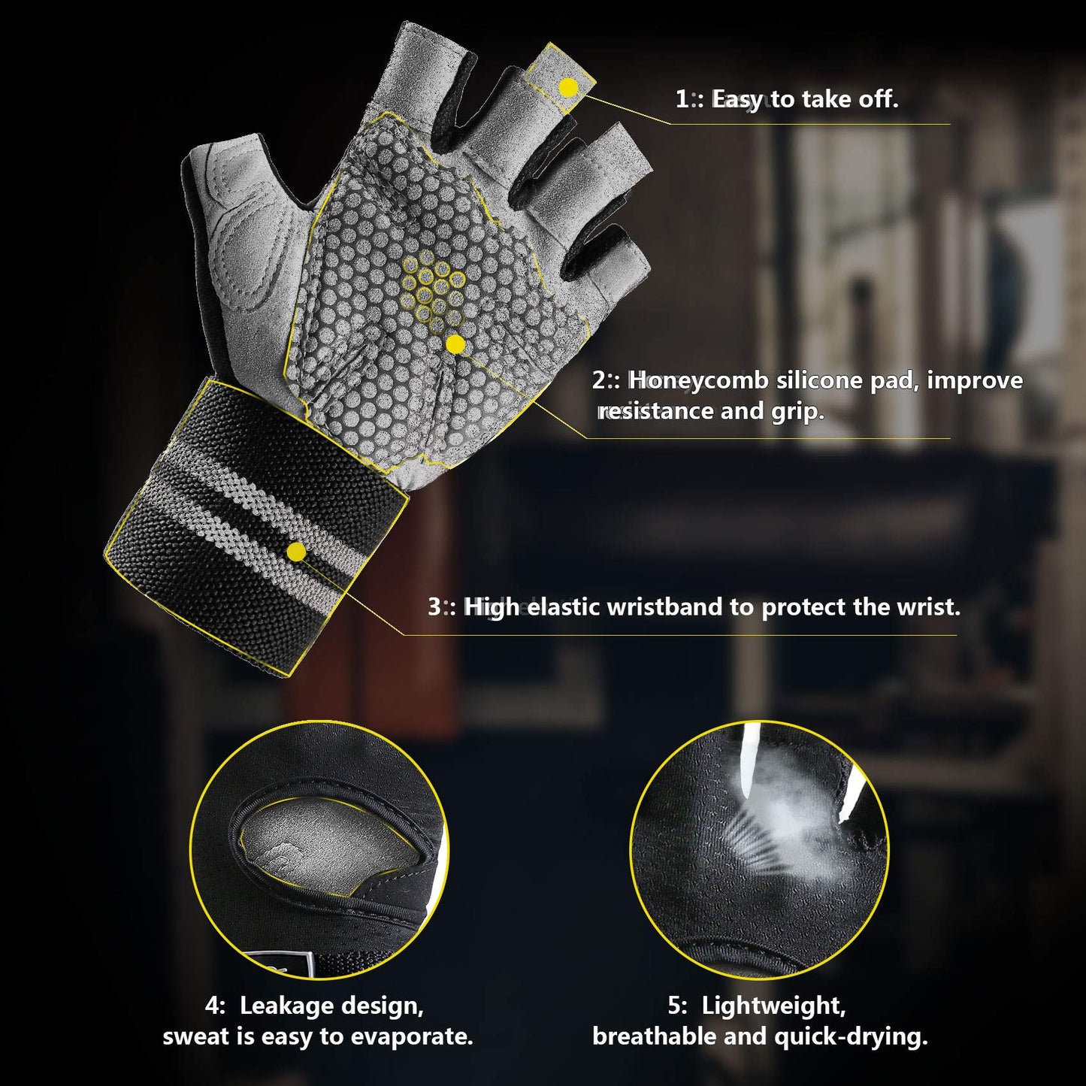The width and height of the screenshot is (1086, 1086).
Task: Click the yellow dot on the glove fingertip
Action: coord(569,88)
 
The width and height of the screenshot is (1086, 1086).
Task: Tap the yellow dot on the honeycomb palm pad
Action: coord(455,345)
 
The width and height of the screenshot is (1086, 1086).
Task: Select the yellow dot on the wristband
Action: coord(296,552)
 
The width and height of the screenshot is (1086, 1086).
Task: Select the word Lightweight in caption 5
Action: coord(773,1006)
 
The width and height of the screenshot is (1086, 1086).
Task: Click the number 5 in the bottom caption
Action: coord(676,1006)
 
